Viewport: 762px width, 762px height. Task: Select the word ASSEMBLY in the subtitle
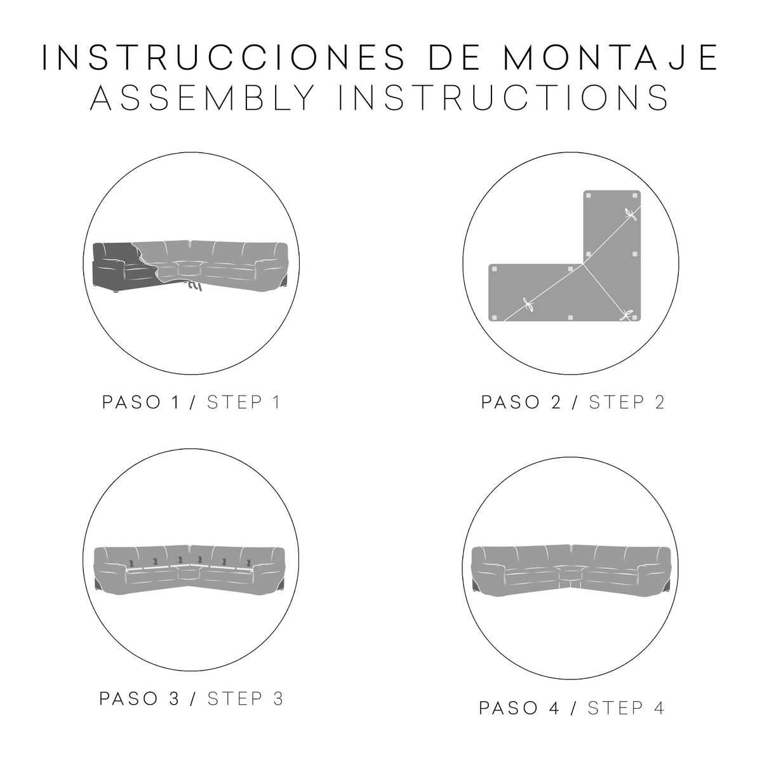[203, 97]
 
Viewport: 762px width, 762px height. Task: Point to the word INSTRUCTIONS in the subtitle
[504, 97]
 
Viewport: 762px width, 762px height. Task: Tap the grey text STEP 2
[627, 403]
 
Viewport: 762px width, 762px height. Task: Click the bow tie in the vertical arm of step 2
[631, 216]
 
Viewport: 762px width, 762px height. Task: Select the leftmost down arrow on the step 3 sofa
[131, 562]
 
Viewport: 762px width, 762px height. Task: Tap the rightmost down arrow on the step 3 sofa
[249, 561]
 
